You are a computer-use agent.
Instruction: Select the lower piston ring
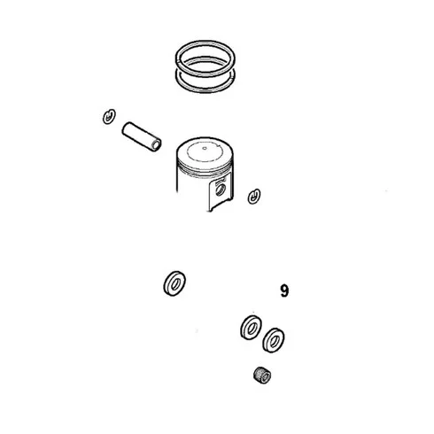tap(205, 90)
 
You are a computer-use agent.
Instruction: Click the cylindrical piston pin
tap(142, 136)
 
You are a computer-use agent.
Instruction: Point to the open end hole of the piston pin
tap(157, 145)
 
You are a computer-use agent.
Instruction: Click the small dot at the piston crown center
tap(205, 148)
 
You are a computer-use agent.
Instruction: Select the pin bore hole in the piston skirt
tap(220, 190)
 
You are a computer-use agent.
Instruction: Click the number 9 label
tap(284, 291)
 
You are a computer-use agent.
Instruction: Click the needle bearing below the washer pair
tap(262, 376)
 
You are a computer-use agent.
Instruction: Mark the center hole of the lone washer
tap(175, 284)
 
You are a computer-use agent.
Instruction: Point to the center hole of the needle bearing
tap(266, 377)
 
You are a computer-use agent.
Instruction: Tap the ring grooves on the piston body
tap(205, 171)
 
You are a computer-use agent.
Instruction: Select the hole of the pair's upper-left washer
tap(252, 329)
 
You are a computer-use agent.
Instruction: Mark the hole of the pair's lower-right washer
tap(274, 341)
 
